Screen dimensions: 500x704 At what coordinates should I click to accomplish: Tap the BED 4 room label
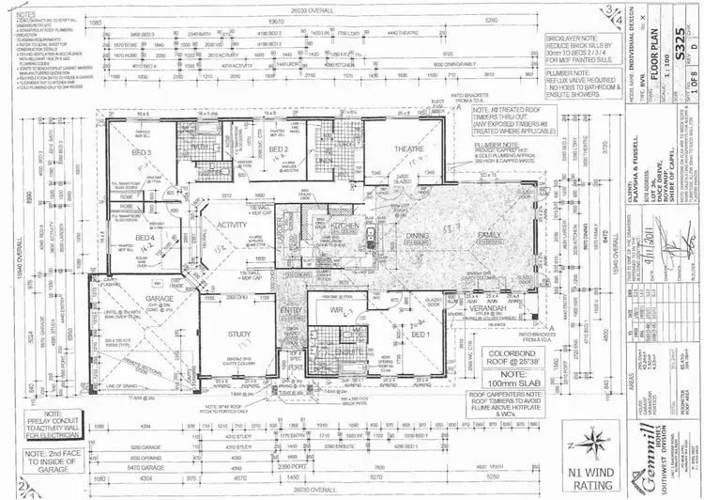point(145,238)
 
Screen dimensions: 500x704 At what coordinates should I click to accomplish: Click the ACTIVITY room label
point(232,226)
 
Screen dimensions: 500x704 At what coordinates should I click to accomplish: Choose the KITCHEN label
point(341,227)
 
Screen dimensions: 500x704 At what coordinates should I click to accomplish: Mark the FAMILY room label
point(489,233)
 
